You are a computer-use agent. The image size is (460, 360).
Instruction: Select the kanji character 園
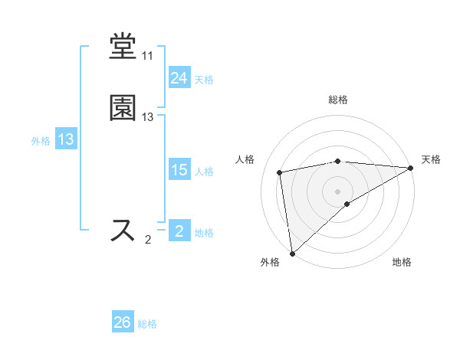coord(123,109)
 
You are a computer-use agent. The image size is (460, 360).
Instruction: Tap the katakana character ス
coord(123,231)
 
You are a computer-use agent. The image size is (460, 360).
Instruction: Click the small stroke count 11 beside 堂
coord(147,56)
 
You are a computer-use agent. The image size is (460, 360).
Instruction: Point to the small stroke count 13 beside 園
coord(147,117)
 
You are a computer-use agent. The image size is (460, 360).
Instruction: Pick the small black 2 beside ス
coord(148,240)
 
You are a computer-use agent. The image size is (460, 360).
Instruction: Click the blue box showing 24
coord(179,78)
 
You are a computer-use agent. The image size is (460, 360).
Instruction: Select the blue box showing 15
coord(179,170)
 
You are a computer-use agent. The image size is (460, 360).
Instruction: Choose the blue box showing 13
coord(66,139)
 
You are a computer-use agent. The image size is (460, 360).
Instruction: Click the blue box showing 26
coord(123,322)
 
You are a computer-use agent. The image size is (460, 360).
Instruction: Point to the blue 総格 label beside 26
coord(148,324)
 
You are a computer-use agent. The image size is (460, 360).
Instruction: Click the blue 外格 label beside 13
coord(41,141)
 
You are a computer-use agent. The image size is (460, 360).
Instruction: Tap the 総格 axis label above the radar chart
coord(338,100)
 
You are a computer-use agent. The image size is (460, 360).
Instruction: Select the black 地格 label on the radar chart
coord(402,263)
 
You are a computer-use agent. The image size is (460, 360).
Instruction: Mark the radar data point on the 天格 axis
coord(410,168)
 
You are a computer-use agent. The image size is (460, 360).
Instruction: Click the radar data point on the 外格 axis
coord(292,253)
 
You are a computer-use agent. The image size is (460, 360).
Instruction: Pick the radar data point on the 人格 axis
coord(280,172)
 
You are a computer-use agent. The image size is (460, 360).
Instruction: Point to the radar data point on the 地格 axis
coord(347,203)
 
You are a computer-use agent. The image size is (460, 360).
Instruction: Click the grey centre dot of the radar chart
coord(338,191)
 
